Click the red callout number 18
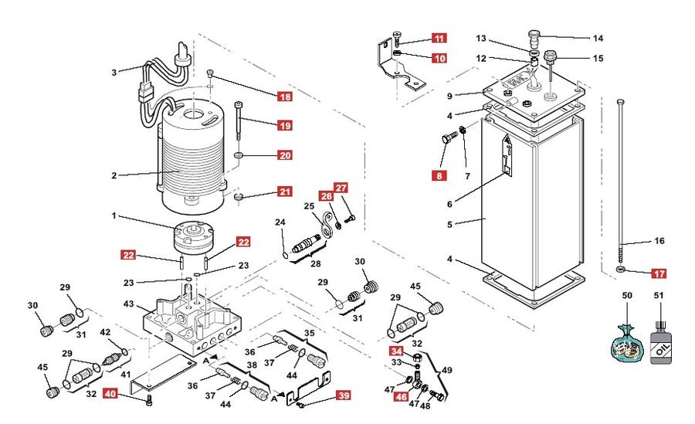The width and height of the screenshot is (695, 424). point(285,97)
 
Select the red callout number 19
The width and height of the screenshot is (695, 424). point(285,126)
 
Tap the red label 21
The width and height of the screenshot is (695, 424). point(285,192)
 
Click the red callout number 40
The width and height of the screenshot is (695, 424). point(110,393)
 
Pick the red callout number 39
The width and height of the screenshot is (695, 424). point(344,395)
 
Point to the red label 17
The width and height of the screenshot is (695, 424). point(659,273)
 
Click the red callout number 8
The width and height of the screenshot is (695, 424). point(439,175)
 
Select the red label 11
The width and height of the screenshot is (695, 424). point(439,38)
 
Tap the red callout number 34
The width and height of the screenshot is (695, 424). point(396,351)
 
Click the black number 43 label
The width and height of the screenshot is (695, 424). point(128,304)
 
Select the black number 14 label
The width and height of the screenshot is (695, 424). point(598,38)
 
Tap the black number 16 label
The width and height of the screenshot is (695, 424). point(659,241)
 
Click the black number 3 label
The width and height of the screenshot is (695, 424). point(114,73)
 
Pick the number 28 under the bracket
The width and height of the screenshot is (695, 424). point(315,264)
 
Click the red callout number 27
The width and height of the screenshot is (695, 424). point(341,188)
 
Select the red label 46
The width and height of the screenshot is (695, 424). point(401,396)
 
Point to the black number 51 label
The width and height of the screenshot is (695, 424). point(659,295)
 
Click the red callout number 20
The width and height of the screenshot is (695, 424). point(285,155)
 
